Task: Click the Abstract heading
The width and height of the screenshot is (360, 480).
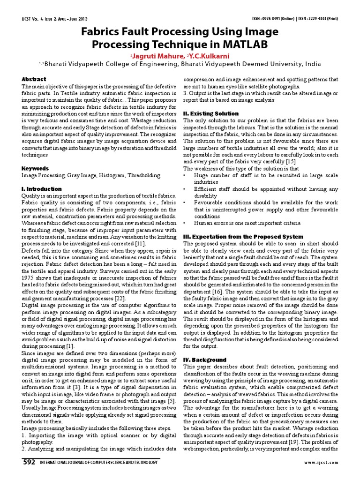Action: click(x=34, y=79)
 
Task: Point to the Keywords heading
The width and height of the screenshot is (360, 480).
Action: click(x=36, y=168)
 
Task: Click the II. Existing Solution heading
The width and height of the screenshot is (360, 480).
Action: click(x=211, y=113)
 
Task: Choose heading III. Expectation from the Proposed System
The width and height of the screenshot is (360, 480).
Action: click(x=243, y=237)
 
